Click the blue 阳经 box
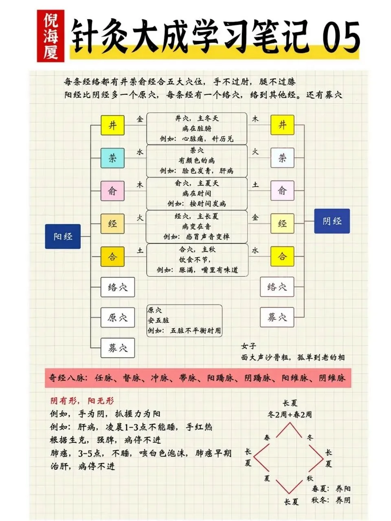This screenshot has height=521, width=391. [63, 236]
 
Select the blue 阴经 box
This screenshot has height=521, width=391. [332, 221]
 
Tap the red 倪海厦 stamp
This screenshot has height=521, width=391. [51, 36]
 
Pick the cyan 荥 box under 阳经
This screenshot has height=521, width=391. [112, 158]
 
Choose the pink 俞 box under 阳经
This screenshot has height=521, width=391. [112, 191]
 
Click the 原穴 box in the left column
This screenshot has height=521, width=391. [117, 317]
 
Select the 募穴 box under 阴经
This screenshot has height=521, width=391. [277, 317]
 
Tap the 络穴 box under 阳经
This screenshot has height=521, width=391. [117, 287]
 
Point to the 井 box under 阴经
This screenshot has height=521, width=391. [282, 125]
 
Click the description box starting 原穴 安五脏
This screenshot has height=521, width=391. [185, 321]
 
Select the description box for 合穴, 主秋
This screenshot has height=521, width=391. [197, 260]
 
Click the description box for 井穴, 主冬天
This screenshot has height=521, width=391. [197, 128]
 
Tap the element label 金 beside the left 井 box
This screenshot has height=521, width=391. [140, 119]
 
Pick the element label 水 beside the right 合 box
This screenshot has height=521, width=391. [255, 250]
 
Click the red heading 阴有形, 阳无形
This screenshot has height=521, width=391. [82, 401]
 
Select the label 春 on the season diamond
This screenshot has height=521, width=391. [267, 438]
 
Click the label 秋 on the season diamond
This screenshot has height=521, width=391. [310, 478]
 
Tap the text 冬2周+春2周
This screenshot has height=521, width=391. [290, 414]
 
